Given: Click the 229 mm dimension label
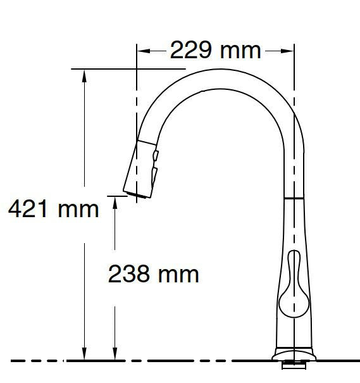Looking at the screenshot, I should [x=215, y=50].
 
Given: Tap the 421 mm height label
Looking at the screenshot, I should [x=53, y=208].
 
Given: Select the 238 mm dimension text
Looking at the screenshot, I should [x=154, y=273].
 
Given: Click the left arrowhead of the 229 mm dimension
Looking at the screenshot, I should [x=142, y=50].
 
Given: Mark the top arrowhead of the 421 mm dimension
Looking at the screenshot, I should [x=84, y=74].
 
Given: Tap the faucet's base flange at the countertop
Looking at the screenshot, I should [x=293, y=353].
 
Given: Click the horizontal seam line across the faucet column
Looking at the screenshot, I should [x=292, y=198].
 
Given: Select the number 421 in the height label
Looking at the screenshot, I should [x=29, y=208].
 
